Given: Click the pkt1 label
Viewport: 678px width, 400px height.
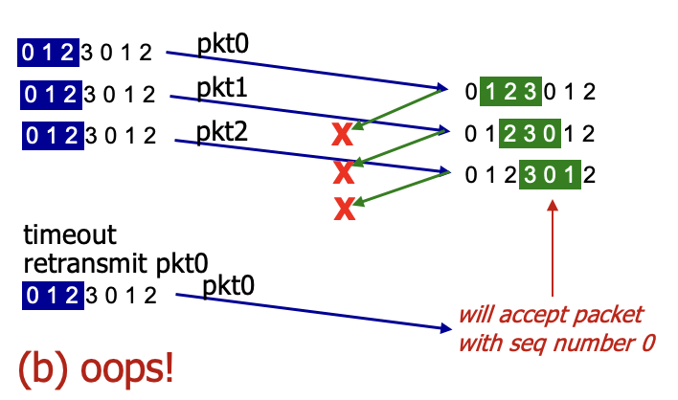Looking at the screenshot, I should coord(222,88).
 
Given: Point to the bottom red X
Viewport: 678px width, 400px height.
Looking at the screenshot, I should coord(345,209).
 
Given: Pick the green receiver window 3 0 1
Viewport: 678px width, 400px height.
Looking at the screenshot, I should coord(550,174).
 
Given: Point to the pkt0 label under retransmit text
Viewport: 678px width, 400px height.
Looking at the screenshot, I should coord(228,286).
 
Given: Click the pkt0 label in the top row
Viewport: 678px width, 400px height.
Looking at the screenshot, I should coord(222,44).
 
